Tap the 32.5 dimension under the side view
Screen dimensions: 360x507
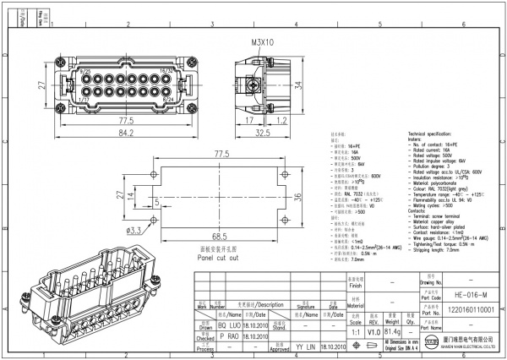[262, 132]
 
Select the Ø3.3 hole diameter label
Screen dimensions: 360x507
[134, 230]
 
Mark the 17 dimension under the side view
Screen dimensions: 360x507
[251, 120]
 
